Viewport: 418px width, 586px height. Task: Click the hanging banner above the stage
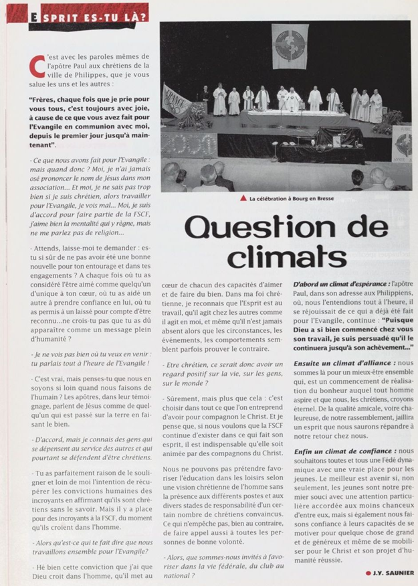[288, 46]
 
